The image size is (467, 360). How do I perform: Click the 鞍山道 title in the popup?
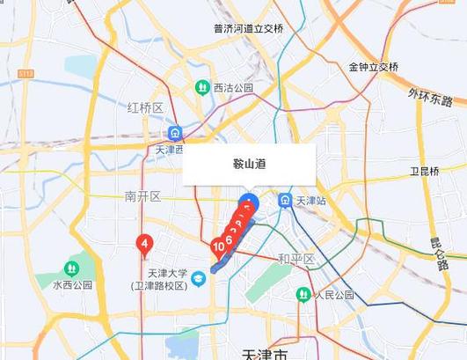[x=250, y=164]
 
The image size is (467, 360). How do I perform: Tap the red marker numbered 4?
[x=145, y=243]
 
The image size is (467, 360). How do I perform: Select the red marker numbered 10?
[x=219, y=247]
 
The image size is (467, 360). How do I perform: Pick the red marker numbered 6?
[x=230, y=238]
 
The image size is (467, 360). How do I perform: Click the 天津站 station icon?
[x=285, y=201]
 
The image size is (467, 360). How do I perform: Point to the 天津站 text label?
[x=310, y=202]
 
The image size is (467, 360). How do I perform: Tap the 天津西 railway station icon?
[x=176, y=133]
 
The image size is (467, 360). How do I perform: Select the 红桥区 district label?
[x=145, y=108]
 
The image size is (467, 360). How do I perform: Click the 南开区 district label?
[x=142, y=195]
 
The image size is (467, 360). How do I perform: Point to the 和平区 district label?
[x=296, y=259]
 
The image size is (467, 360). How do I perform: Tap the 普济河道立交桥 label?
[x=249, y=28]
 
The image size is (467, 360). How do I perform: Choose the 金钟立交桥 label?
[x=373, y=67]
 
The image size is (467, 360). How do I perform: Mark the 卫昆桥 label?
[x=424, y=171]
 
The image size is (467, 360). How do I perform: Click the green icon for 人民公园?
[x=303, y=294]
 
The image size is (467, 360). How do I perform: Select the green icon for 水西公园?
[x=71, y=268]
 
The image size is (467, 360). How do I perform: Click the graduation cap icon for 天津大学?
[x=199, y=279]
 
